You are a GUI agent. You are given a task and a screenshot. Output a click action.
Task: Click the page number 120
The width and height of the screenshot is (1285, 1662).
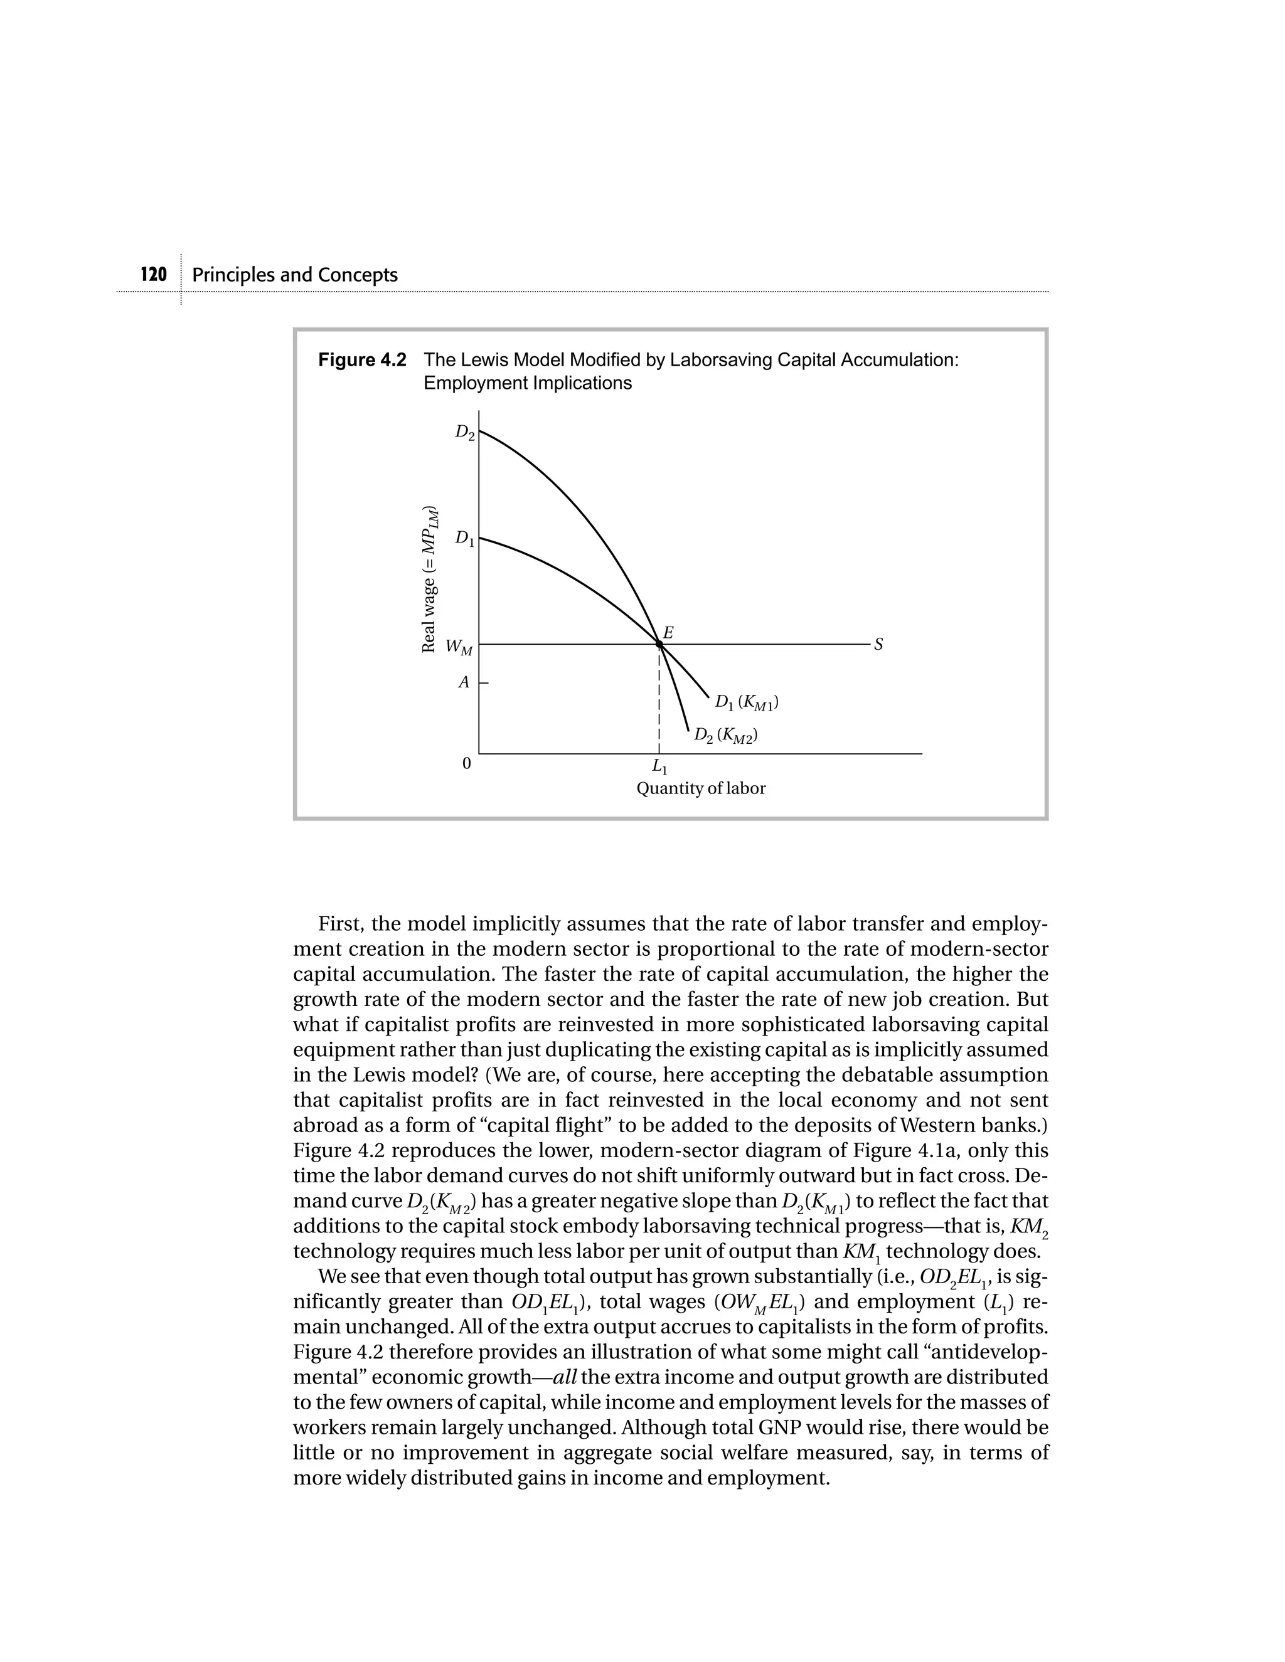point(154,275)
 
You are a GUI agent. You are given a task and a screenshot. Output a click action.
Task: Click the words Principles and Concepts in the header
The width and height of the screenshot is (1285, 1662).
point(295,275)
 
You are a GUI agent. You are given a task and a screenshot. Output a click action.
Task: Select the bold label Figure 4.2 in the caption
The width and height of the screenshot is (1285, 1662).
point(363,360)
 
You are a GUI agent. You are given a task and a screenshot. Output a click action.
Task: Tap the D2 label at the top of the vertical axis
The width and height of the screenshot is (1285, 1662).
point(464,432)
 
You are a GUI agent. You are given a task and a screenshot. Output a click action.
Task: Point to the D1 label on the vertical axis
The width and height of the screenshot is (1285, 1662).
point(464,539)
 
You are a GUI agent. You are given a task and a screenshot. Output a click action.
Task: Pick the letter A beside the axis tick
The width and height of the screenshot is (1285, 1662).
point(464,682)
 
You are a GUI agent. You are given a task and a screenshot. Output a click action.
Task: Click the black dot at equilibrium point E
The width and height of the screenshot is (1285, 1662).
point(659,645)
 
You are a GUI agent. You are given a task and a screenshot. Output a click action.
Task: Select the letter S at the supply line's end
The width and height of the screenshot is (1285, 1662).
point(878,645)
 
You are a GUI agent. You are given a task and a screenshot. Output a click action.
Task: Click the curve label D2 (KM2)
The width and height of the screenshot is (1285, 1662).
point(726,736)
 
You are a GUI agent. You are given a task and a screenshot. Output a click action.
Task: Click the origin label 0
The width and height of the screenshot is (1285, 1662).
point(467,763)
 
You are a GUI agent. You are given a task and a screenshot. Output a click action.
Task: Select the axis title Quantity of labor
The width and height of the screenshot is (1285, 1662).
point(700,789)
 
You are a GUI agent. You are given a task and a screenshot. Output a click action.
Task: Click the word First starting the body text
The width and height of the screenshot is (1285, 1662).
point(339,924)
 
